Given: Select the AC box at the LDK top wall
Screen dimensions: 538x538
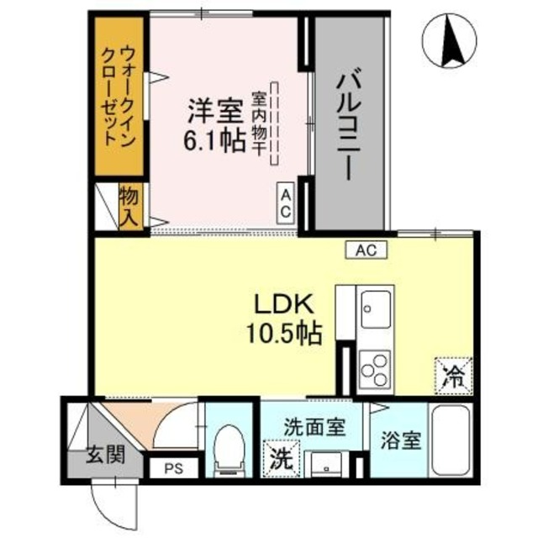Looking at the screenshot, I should [x=366, y=249].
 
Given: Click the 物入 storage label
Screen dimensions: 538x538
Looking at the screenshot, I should [x=129, y=206].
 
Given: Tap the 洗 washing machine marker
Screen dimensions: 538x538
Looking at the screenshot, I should [x=280, y=458].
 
